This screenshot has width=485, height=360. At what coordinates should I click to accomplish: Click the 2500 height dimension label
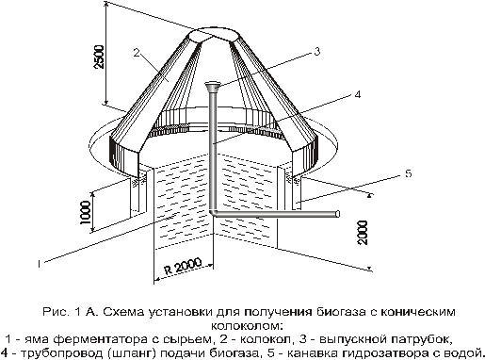click(100, 57)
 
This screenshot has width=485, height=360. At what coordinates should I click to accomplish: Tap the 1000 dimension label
click(85, 212)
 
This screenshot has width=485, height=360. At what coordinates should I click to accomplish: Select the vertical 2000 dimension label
click(363, 233)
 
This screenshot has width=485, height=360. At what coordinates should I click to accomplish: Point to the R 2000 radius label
click(183, 267)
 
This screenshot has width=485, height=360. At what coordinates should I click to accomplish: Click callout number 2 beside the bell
click(137, 53)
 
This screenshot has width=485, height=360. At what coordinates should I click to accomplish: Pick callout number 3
click(317, 51)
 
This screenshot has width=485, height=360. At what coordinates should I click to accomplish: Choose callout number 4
click(358, 94)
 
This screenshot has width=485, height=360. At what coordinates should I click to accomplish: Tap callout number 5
click(408, 173)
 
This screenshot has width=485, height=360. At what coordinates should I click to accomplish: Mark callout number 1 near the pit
click(39, 263)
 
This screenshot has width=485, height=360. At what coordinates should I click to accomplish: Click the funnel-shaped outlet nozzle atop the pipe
click(213, 87)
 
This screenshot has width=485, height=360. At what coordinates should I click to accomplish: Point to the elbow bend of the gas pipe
click(213, 213)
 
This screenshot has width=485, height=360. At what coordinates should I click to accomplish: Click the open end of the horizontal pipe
click(337, 214)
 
